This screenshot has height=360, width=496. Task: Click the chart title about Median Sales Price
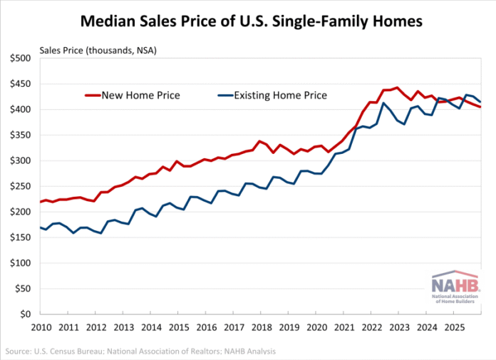(x=251, y=21)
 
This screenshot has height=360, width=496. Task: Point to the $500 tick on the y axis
(x=21, y=58)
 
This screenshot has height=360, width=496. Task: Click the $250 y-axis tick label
(x=21, y=186)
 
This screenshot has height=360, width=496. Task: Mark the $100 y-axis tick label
(x=21, y=263)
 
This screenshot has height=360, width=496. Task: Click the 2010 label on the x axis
(x=40, y=328)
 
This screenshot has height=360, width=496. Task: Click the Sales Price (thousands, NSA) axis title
(x=98, y=49)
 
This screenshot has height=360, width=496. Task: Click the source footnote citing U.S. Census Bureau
(x=141, y=351)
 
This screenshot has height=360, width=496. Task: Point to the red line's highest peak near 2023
(x=397, y=88)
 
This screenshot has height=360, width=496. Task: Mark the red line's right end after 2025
(x=480, y=107)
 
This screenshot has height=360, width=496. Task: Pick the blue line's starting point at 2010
(x=41, y=227)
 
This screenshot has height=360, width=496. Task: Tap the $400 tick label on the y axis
(x=21, y=109)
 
